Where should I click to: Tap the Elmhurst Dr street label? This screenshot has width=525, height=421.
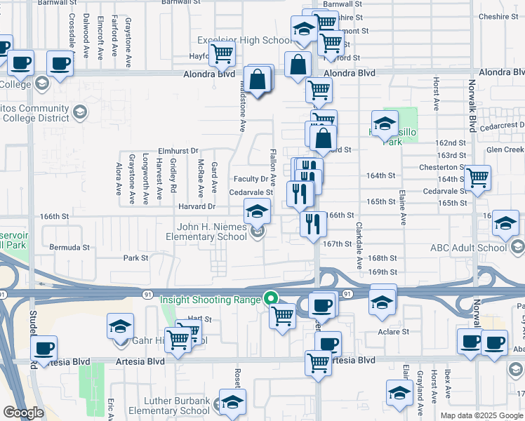coord(178,150)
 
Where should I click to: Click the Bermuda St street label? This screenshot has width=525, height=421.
coord(69,247)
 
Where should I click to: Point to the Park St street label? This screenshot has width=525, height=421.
coord(136,258)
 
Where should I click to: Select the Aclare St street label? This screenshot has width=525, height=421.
coord(393,331)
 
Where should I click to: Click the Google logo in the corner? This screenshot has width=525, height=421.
coord(23,413)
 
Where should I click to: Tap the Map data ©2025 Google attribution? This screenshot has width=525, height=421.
coord(481,415)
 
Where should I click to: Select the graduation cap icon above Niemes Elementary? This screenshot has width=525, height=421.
coord(257,210)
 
